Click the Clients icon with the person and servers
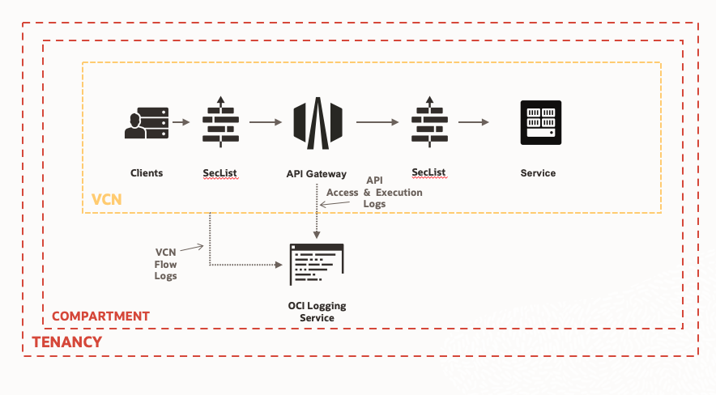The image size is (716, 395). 147,123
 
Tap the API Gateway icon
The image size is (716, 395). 318,123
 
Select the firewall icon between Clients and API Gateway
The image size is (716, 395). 220,123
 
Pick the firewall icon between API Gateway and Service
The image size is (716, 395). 429,123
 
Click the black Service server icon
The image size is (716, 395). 540,123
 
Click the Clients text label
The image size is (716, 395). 147,173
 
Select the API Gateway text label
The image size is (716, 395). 317,174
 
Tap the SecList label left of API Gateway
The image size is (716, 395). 220,173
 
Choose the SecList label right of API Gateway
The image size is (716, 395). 429,172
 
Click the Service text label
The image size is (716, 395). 539,173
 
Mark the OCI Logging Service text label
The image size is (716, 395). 317,312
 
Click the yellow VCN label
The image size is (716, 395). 108,198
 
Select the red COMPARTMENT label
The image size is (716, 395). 100,316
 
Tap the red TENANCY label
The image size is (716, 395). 67,342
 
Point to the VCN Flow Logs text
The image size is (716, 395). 165,264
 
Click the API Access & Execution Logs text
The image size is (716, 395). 374,193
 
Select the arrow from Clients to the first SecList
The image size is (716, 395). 182,123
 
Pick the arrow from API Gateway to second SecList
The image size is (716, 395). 377,123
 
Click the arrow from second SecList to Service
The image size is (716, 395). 474,123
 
